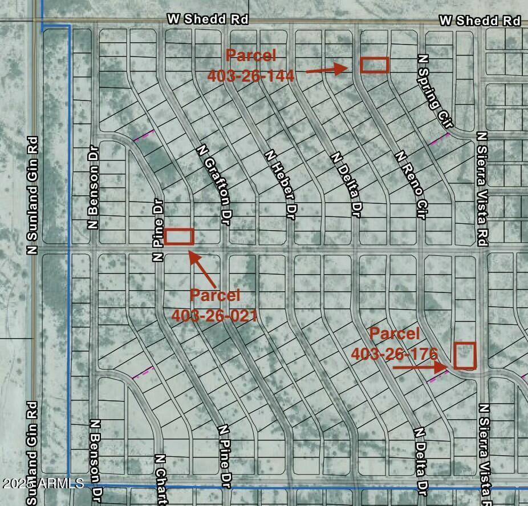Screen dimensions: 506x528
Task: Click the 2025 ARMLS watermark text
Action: point(43,484)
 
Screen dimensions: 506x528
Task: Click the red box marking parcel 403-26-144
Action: point(375,65)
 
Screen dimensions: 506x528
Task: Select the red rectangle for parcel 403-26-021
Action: point(180,236)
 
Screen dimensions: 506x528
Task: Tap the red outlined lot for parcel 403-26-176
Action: point(465,355)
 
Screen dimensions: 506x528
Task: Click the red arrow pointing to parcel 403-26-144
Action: point(327,70)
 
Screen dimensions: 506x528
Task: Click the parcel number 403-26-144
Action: point(251,75)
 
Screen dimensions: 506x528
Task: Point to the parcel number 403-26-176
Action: point(394,354)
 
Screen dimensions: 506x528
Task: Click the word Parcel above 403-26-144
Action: point(251,56)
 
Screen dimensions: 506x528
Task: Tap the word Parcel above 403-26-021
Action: point(214,295)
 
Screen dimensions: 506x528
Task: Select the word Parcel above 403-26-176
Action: point(395,334)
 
